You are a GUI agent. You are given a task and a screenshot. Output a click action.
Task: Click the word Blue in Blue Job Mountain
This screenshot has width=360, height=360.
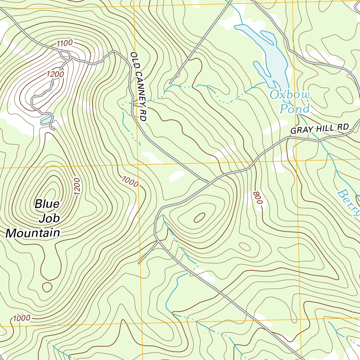coord(47,204)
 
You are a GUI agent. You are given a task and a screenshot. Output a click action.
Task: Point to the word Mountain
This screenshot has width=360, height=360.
coord(33,233)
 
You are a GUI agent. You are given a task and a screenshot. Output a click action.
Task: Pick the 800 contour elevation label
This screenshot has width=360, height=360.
coord(258,198)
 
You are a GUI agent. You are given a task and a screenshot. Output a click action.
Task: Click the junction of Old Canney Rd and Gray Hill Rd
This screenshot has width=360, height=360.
coord(210,183)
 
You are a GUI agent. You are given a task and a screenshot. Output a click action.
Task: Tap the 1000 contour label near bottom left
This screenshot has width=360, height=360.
coord(22,319)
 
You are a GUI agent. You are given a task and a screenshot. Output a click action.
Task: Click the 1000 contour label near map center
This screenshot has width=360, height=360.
coord(130,182)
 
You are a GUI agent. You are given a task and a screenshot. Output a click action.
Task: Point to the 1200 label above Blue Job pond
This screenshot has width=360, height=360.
coord(55,74)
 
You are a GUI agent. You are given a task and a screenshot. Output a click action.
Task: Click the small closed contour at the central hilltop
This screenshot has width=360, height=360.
coord(199,218)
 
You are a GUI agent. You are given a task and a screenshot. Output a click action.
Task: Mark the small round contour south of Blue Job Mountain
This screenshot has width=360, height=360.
coord(47,287)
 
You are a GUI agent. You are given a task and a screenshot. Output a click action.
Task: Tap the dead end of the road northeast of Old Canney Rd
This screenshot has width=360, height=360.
coord(171,83)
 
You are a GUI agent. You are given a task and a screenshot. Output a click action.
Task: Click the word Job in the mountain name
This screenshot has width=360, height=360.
coord(49,218)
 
